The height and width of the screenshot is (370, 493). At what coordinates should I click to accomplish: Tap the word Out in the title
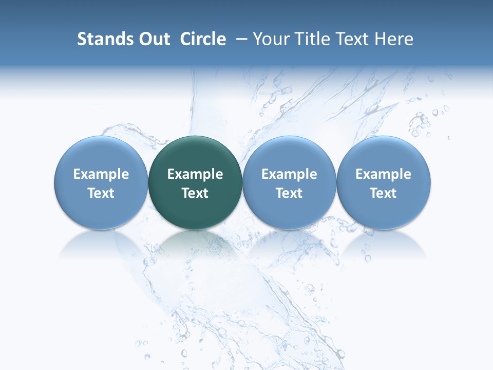(153, 39)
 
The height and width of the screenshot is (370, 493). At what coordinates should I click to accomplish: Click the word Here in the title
(394, 39)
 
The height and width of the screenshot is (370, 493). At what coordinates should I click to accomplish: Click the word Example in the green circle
(195, 174)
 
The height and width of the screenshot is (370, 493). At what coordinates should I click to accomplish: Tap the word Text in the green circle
(195, 193)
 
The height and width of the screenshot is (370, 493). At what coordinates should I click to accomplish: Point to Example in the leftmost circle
(101, 174)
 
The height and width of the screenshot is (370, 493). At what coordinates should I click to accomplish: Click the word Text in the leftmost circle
(101, 193)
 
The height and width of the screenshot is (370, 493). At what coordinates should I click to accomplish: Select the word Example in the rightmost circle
(384, 174)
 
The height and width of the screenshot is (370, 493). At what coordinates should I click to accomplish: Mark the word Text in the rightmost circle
(384, 193)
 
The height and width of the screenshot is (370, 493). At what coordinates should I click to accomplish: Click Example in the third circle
(289, 174)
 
